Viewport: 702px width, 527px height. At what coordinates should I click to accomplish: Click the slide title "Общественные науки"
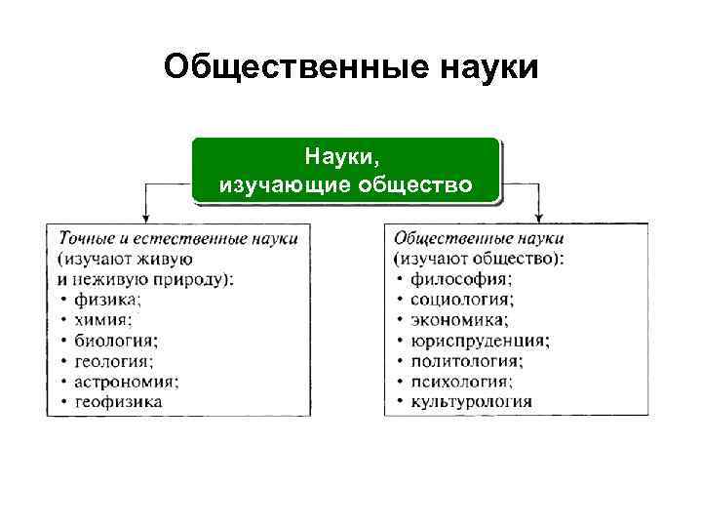click(x=351, y=68)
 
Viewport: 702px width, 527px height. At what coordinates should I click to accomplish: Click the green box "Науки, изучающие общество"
click(x=345, y=170)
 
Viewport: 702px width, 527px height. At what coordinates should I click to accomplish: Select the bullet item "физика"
click(x=107, y=300)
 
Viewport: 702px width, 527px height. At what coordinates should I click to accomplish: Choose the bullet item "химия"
click(x=103, y=319)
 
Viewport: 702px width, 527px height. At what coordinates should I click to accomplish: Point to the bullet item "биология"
click(x=115, y=340)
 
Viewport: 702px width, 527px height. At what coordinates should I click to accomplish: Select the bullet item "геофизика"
click(x=118, y=401)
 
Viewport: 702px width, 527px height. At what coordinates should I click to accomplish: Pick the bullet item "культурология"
click(x=471, y=401)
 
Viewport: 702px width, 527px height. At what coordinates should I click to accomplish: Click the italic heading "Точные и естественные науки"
click(x=177, y=238)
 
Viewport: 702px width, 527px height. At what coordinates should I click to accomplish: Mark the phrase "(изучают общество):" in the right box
click(x=479, y=259)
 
